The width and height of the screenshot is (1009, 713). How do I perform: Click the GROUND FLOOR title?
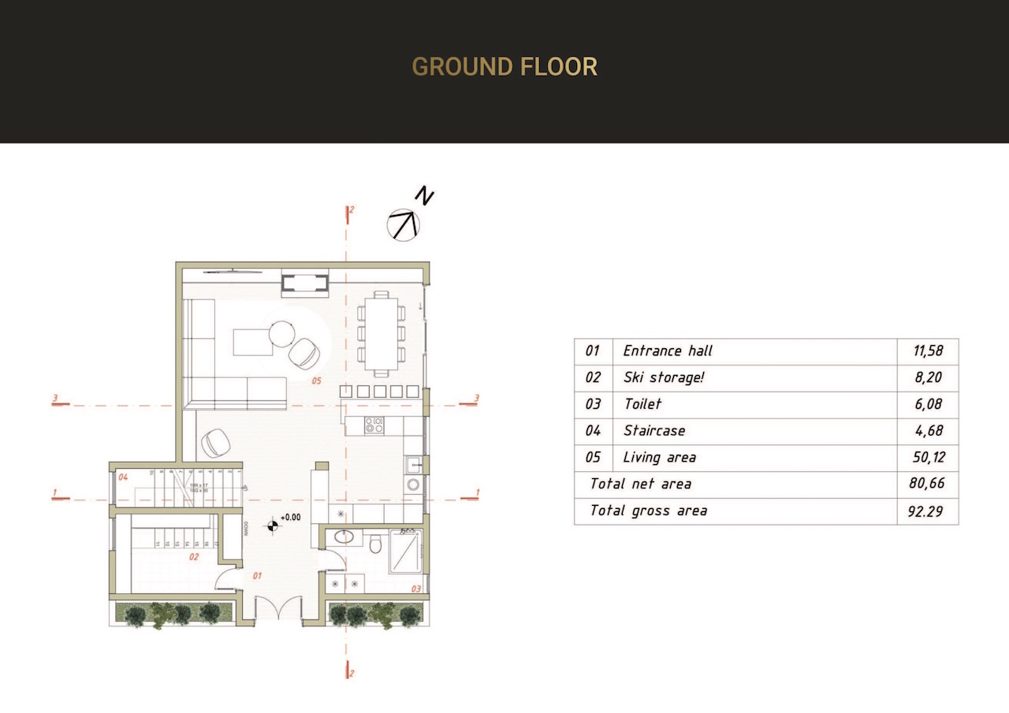(x=504, y=67)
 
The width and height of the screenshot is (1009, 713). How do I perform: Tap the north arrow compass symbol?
(x=404, y=225)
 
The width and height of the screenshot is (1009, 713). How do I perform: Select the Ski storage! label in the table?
(x=663, y=378)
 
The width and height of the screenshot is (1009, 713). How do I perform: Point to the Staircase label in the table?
(x=653, y=432)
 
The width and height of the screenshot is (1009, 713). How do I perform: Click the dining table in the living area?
(x=382, y=334)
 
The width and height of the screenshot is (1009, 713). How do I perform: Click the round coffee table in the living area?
(x=281, y=333)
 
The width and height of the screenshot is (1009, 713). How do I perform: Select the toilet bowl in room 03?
(x=376, y=544)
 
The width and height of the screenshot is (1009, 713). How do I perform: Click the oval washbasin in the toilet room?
(x=343, y=538)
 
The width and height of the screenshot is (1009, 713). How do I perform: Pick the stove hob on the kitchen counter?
(x=373, y=426)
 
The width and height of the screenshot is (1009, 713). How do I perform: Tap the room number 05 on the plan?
(x=316, y=381)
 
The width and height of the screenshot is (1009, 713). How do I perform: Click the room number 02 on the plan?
(x=194, y=556)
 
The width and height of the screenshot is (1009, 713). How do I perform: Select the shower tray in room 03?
(x=405, y=549)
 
